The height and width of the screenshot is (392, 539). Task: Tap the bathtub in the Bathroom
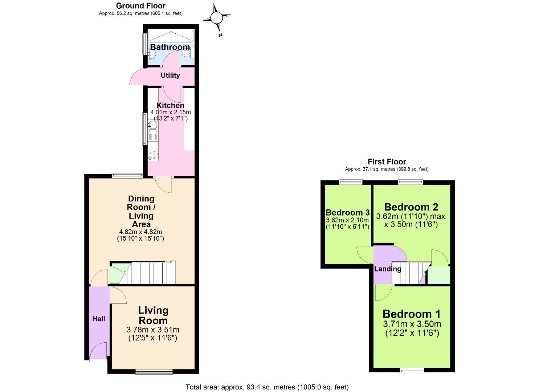(x=170, y=36)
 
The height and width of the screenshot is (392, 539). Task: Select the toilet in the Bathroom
(x=187, y=54)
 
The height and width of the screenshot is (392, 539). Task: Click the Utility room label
(x=170, y=75)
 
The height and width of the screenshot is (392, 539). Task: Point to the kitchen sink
(x=152, y=126)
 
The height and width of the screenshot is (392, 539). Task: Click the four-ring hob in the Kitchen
(x=152, y=156)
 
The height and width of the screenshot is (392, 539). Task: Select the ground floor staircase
(x=149, y=273)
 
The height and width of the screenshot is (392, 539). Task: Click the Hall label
(x=98, y=319)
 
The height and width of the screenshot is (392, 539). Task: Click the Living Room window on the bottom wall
(x=154, y=371)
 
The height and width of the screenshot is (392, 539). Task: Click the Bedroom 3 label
(x=347, y=213)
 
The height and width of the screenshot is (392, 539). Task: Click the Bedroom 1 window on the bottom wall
(x=412, y=370)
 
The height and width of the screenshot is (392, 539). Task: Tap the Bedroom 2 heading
(x=411, y=207)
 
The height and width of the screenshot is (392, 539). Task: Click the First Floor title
(x=387, y=162)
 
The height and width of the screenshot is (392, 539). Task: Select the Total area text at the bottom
(x=267, y=387)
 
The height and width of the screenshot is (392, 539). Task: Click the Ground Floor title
(x=140, y=6)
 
